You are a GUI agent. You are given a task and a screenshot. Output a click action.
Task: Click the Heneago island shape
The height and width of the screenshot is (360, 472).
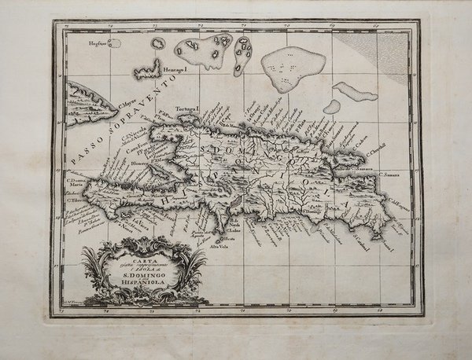(x=148, y=72)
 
